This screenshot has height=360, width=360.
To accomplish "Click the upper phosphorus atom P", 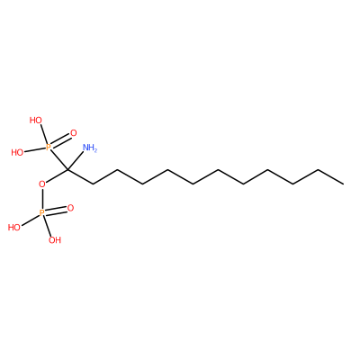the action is (x=49, y=147).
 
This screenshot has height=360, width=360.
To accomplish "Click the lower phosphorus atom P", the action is (x=42, y=213).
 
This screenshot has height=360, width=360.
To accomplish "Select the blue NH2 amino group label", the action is (x=90, y=148).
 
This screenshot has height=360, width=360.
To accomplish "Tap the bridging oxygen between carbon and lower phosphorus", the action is (x=42, y=184).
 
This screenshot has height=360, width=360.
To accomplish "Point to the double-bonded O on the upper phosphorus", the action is (x=74, y=133).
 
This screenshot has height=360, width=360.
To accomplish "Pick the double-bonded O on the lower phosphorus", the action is (x=70, y=208).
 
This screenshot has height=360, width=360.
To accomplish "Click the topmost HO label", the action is (x=36, y=121).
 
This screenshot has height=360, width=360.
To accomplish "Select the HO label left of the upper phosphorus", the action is (x=17, y=153).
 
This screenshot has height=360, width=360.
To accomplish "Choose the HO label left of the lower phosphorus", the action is (x=14, y=228).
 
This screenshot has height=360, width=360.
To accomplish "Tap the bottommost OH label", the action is (x=55, y=240).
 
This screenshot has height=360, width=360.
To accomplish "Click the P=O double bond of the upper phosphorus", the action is (x=61, y=140).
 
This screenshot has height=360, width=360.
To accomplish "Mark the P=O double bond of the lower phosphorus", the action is (x=56, y=211).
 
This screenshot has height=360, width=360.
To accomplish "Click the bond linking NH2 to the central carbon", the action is (x=76, y=161).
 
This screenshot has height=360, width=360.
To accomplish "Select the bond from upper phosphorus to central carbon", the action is (x=59, y=159).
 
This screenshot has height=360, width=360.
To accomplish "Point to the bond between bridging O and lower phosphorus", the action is (x=42, y=199).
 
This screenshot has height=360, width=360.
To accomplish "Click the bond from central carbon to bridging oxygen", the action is (x=57, y=176).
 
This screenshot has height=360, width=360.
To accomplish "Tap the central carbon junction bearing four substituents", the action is (x=67, y=170).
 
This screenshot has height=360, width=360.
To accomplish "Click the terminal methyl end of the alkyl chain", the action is (x=344, y=183).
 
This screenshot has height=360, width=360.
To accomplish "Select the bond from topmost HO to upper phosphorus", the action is (x=44, y=134).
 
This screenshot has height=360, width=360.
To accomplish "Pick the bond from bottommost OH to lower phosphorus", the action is (x=49, y=227).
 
